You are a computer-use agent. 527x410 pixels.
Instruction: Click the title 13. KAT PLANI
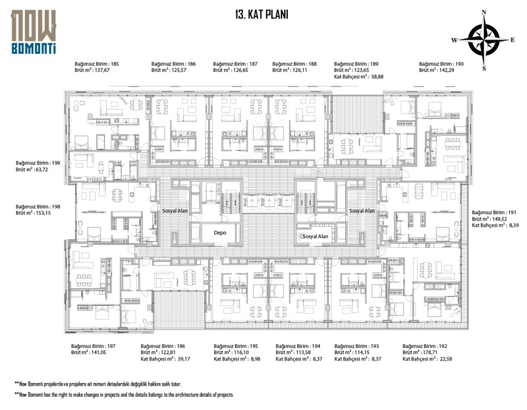[262, 14]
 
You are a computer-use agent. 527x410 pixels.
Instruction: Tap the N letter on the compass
[484, 12]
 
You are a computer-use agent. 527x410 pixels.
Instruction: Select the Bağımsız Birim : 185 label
[97, 64]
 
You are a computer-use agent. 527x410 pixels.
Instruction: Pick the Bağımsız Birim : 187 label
[235, 64]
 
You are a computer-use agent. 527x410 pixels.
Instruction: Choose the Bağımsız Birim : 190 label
[441, 64]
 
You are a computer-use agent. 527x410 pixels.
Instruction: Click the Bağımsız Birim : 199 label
[38, 162]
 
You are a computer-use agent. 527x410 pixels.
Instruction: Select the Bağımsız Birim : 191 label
[495, 212]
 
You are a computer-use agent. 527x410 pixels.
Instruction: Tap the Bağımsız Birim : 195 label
[235, 346]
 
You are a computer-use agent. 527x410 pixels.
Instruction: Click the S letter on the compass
[484, 68]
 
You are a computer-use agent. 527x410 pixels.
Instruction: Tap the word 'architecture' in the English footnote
[191, 394]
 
